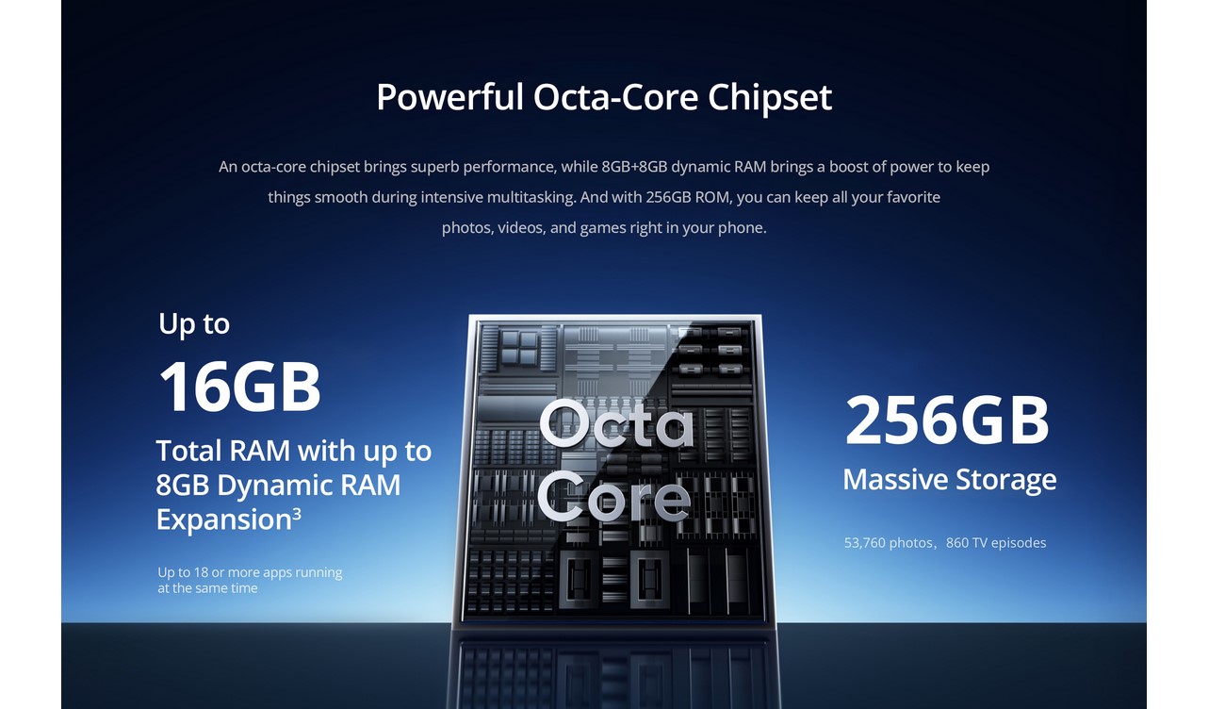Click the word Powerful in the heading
coord(450,98)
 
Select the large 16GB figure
coord(239,387)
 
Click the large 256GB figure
coord(947,420)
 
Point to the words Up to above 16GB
coord(194,324)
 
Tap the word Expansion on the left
coord(224,519)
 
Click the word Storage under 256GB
coord(1005,480)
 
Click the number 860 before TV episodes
coord(957,543)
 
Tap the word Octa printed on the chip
coord(616,423)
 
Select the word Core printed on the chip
coord(613,497)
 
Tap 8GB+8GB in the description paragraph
coord(634,167)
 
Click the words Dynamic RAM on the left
coord(309,486)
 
